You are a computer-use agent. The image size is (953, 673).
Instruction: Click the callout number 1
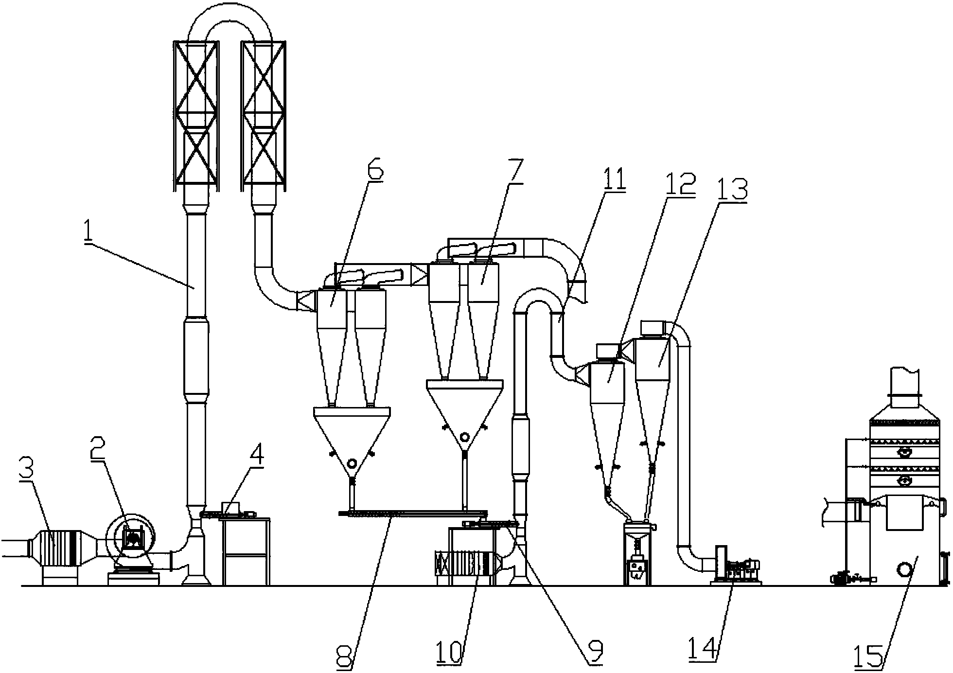(x=88, y=232)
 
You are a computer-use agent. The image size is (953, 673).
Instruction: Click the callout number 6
(x=375, y=170)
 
